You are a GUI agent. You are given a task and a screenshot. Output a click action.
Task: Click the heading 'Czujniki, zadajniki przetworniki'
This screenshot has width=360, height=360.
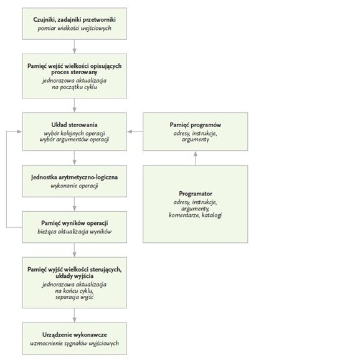[74, 20]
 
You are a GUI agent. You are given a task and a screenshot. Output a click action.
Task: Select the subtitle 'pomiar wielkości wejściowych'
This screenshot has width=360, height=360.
[74, 28]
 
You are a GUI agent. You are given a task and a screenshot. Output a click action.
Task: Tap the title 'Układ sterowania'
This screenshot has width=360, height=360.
[74, 125]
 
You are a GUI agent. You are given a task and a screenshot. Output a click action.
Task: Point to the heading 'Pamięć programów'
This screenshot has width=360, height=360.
[196, 125]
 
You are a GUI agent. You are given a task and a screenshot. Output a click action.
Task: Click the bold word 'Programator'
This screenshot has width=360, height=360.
[196, 194]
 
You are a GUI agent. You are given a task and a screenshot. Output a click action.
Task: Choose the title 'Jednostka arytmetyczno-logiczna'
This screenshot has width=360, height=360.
[74, 178]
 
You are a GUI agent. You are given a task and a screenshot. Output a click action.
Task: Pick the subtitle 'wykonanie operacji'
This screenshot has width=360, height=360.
[74, 186]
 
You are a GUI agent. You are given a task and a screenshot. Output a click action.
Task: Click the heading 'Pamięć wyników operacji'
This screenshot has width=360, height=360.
[74, 223]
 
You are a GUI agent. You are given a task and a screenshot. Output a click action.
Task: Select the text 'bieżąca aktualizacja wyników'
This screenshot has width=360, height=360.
[74, 232]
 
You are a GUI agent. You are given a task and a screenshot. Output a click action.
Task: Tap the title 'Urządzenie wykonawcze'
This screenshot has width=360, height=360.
[74, 334]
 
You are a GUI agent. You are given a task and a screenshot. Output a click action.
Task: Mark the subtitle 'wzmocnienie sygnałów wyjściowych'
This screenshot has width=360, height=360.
[74, 343]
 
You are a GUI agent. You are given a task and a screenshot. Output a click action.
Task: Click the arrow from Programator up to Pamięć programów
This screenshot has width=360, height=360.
[196, 158]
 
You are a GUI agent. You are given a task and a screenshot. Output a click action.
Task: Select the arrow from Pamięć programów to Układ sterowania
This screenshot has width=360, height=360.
[135, 131]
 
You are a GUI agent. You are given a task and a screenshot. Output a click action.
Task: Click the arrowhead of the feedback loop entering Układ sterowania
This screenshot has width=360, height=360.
[19, 131]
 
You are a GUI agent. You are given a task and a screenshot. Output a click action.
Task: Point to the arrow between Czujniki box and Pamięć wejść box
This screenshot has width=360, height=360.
[74, 47]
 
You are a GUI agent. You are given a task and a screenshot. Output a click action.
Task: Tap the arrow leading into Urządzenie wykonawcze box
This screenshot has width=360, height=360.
[74, 315]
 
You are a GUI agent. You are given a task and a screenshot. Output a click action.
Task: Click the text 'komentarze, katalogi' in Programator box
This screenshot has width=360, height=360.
[196, 215]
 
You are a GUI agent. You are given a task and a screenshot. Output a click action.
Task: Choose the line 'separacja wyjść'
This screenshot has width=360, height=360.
[74, 297]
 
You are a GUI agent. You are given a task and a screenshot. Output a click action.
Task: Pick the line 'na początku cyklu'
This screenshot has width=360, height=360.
[74, 87]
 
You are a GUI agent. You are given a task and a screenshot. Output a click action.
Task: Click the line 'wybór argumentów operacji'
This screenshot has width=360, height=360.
[74, 140]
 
